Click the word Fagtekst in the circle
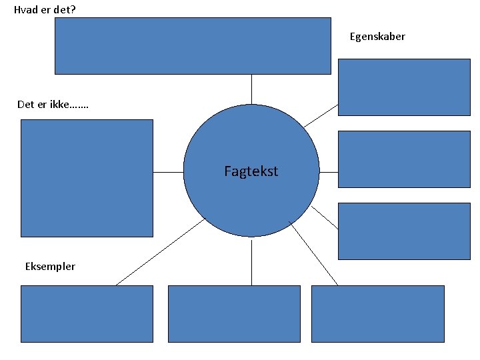pos(251,171)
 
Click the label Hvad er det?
pos(45,9)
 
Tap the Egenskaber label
pos(377,37)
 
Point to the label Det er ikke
pos(54,104)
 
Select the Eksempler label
pos(50,267)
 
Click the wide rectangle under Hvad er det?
pos(192,45)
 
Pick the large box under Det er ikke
pos(87,178)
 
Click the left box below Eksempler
pos(87,314)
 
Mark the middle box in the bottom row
pos(234,314)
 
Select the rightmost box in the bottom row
pos(377,314)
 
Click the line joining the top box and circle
pos(251,89)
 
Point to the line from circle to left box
pos(168,172)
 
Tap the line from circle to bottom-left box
pos(160,252)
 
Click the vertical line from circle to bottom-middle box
pos(251,261)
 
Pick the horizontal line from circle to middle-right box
pos(329,172)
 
